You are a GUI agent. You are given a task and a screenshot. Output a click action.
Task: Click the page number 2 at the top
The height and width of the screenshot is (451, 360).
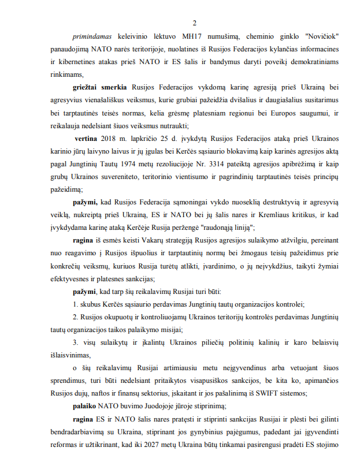pos(195,23)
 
